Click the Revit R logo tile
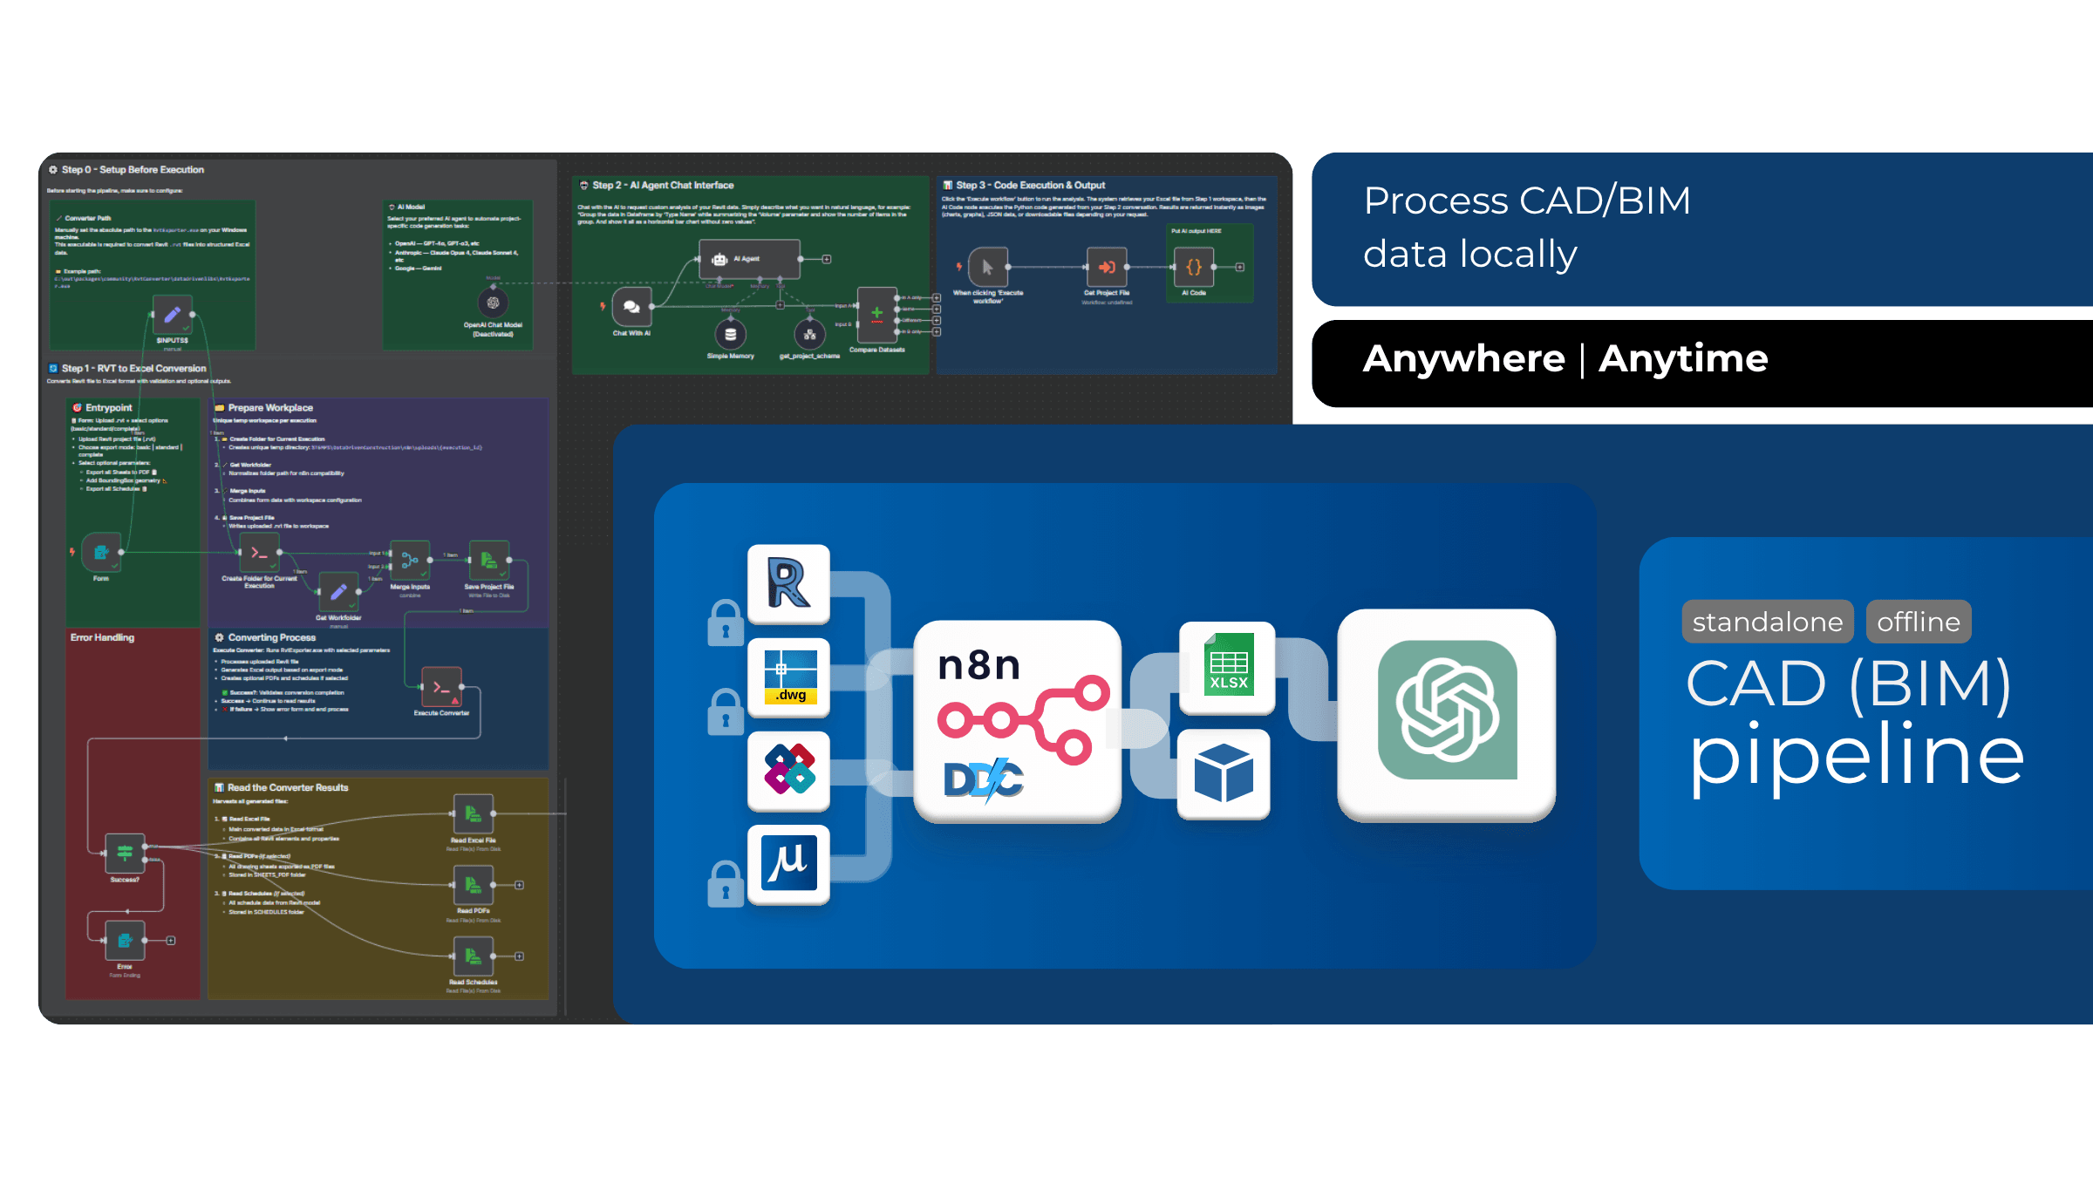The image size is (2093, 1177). tap(788, 583)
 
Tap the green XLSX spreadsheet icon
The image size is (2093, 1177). tap(1228, 666)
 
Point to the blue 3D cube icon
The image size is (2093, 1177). tap(1224, 772)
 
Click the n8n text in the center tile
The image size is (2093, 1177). tap(978, 665)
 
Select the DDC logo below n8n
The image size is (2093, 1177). tap(984, 779)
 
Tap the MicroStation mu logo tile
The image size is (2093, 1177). tap(788, 863)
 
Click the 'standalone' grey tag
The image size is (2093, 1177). tap(1767, 622)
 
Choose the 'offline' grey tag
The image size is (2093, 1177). tap(1918, 622)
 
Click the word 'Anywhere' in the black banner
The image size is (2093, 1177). tap(1463, 359)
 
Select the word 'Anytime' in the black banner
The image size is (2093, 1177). tap(1682, 359)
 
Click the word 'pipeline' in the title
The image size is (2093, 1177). tap(1856, 754)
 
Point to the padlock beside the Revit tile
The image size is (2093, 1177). tap(726, 622)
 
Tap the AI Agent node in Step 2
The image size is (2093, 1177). tap(749, 259)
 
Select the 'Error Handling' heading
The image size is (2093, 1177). tap(102, 637)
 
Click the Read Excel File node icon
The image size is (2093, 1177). tap(474, 813)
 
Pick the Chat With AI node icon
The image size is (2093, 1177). tap(631, 307)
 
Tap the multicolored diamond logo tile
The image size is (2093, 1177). tap(788, 770)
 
